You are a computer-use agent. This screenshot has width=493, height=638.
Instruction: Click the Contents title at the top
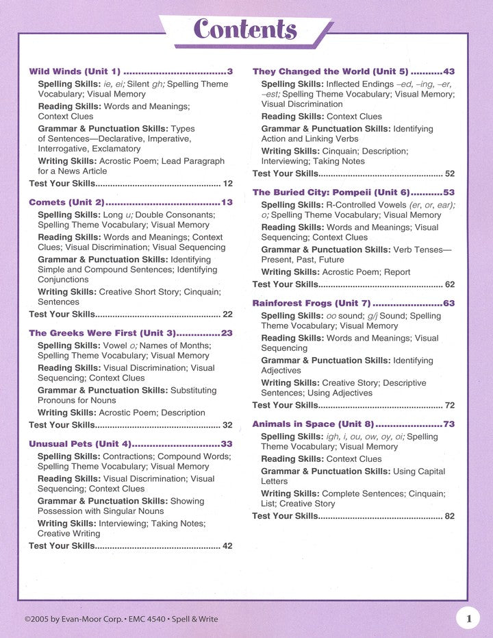click(x=245, y=29)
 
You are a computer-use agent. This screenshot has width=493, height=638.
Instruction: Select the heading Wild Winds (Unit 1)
click(x=75, y=71)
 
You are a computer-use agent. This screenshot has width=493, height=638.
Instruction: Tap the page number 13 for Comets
click(x=227, y=203)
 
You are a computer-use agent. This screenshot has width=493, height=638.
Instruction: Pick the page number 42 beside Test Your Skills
click(x=227, y=546)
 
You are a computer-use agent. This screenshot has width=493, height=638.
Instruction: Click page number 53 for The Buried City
click(x=448, y=193)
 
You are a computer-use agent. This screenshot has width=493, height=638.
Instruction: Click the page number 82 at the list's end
click(x=449, y=516)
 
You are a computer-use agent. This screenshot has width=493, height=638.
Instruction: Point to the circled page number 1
click(x=468, y=619)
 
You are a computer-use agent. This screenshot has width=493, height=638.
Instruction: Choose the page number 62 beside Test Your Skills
click(x=449, y=284)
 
